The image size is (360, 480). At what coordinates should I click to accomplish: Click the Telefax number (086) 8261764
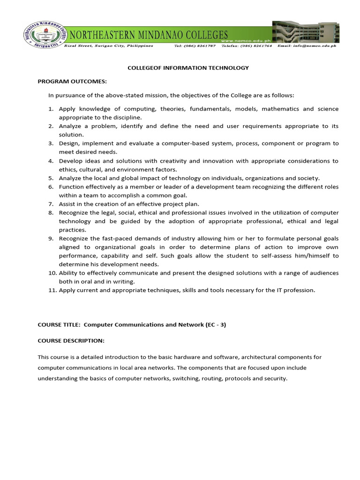click(x=246, y=46)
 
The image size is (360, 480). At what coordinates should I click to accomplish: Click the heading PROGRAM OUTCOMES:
click(x=72, y=81)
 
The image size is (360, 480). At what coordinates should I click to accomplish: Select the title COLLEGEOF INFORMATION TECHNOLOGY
click(x=188, y=68)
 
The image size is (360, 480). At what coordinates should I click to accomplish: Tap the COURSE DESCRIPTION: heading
click(x=71, y=340)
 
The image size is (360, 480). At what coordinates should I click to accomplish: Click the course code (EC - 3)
click(x=216, y=324)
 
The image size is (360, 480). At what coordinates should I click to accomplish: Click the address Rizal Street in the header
click(x=79, y=46)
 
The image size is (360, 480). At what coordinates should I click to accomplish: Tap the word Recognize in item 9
click(x=74, y=239)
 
